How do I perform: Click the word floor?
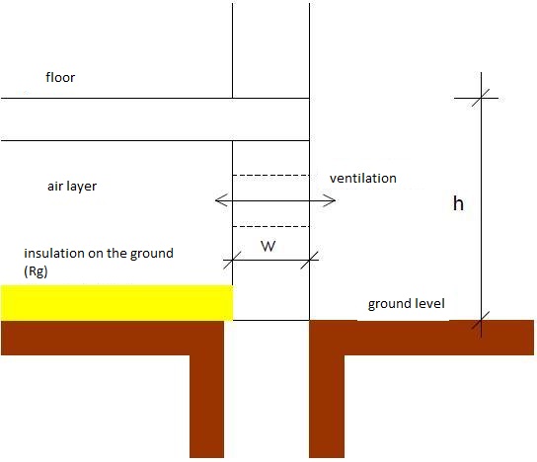[x=60, y=77]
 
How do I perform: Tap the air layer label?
[x=72, y=187]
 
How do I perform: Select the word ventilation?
[x=363, y=178]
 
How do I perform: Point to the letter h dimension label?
[x=458, y=203]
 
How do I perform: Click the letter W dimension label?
[x=268, y=246]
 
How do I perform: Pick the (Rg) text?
[x=36, y=271]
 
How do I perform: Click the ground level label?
[x=406, y=304]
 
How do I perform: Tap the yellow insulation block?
[x=116, y=303]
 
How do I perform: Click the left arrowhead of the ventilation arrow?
[x=221, y=200]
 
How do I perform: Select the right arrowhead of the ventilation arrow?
[x=329, y=200]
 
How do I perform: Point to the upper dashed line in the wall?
[x=270, y=176]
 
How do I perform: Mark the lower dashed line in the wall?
[x=270, y=226]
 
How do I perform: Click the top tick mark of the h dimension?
[x=481, y=98]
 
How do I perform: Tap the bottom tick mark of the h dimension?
[x=481, y=321]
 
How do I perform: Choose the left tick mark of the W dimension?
[x=232, y=260]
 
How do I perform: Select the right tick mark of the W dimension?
[x=310, y=260]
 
